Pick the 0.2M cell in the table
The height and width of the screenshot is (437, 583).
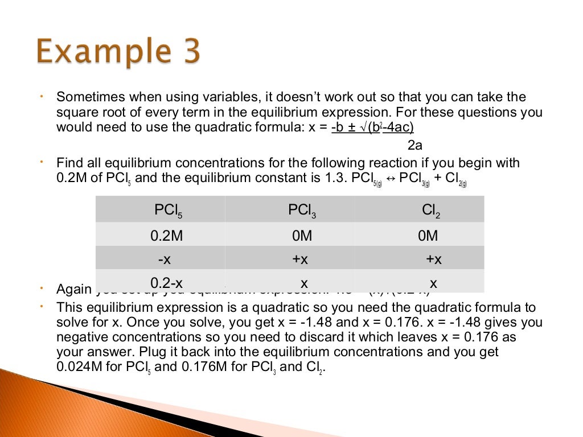[166, 236]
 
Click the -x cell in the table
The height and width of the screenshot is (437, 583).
[165, 259]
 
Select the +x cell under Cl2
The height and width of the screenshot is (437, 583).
[434, 259]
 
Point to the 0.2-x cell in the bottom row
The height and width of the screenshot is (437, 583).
[166, 283]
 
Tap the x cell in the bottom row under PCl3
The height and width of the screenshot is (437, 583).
[304, 283]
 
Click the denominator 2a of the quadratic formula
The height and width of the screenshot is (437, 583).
[415, 145]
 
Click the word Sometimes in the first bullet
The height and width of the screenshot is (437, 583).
[84, 97]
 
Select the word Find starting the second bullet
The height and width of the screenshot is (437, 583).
[68, 163]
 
